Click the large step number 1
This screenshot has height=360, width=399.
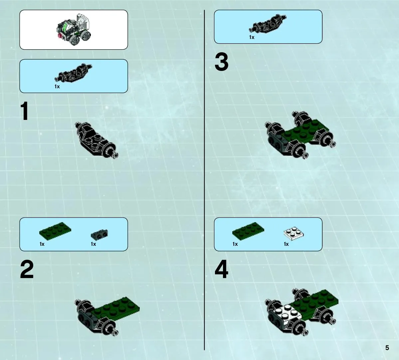(24, 111)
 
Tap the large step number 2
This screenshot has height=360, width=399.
(27, 269)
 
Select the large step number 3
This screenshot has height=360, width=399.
(221, 62)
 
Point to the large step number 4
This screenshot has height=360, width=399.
(221, 269)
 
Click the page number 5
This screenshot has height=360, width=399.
(387, 348)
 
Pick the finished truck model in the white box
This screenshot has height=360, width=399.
(74, 30)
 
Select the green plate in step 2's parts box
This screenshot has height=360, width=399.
(55, 231)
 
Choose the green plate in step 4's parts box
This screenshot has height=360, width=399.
(248, 231)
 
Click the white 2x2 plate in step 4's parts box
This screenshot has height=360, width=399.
(294, 233)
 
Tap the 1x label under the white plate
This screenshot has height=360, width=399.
(286, 244)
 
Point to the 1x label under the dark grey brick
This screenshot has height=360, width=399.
(94, 244)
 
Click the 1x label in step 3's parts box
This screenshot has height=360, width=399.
(252, 37)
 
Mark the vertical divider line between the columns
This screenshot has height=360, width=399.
(204, 180)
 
